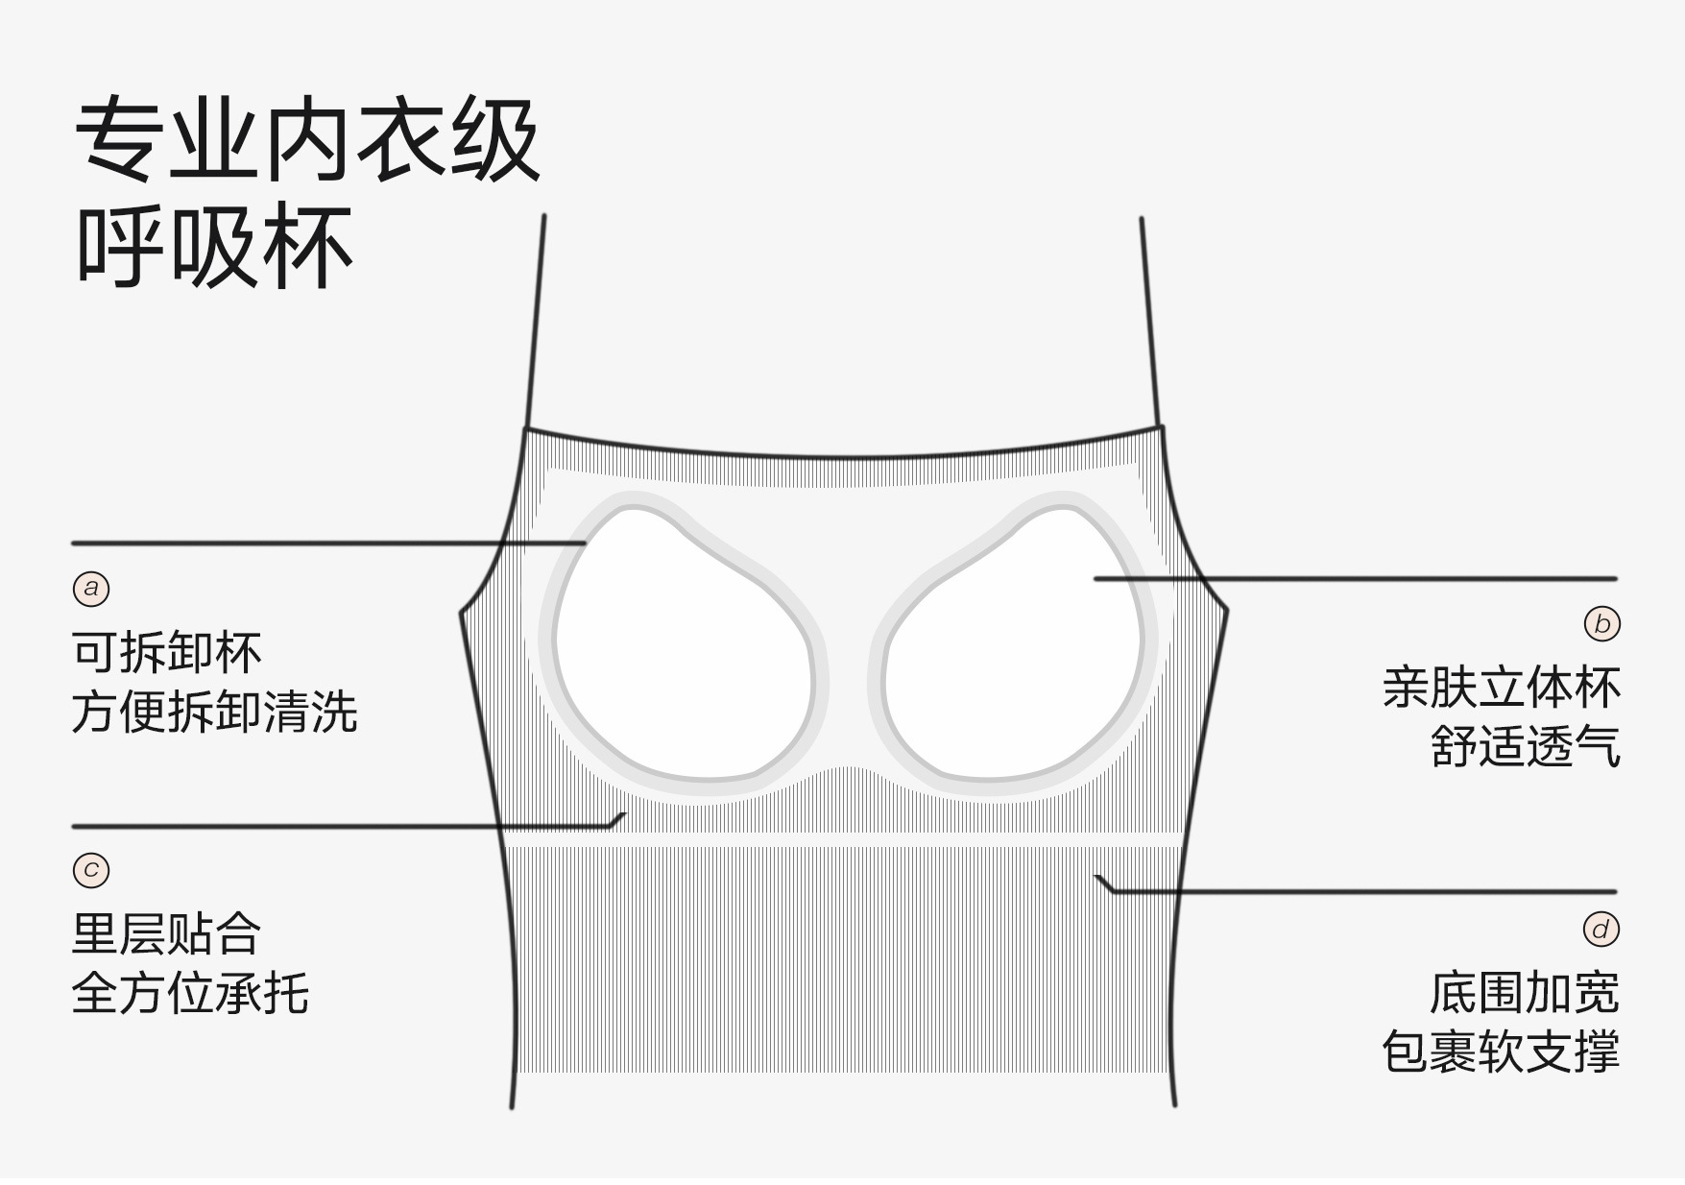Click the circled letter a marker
point(91,588)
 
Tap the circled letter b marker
point(1601,624)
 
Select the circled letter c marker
point(91,870)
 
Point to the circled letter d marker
point(1601,929)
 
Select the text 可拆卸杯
point(166,653)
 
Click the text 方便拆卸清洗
point(214,713)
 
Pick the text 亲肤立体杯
point(1501,688)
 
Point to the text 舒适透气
point(1525,746)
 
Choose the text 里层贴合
point(166,933)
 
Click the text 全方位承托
point(190,993)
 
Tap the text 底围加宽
point(1524,993)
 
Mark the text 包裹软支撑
point(1501,1052)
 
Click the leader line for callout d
point(1363,891)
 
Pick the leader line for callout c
point(336,826)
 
